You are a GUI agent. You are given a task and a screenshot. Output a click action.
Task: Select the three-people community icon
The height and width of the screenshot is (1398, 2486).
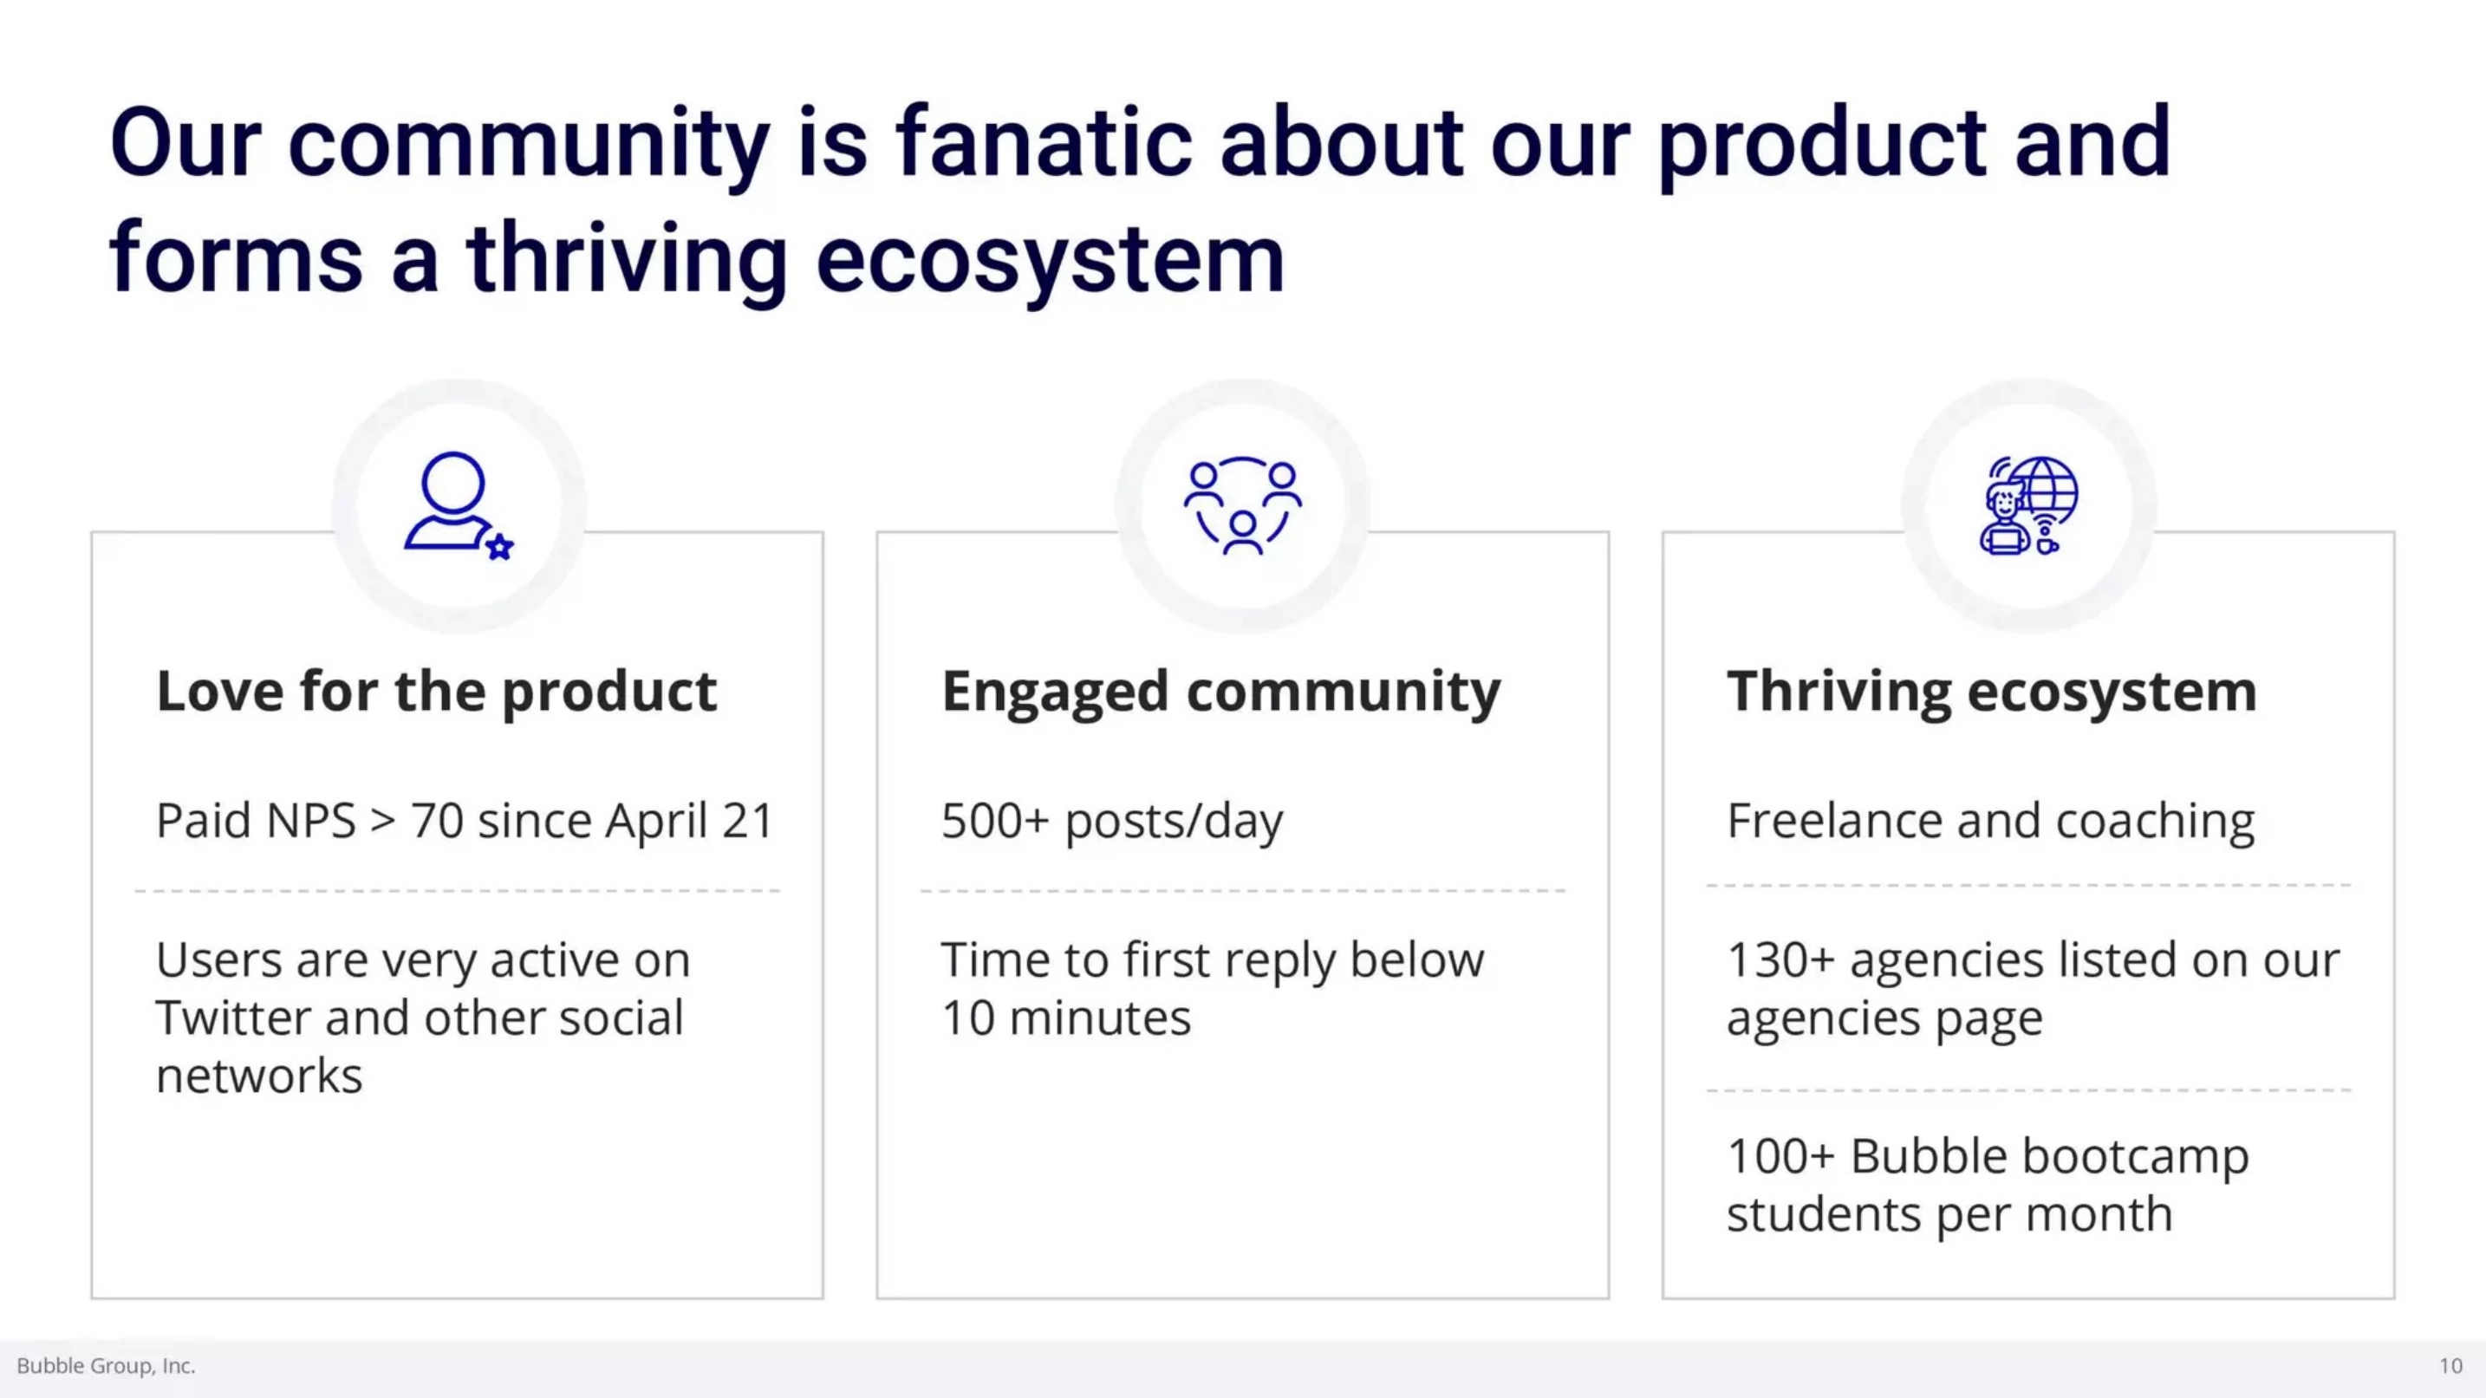(x=1243, y=504)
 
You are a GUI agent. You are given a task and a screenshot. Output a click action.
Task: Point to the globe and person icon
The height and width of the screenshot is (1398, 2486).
(x=2028, y=505)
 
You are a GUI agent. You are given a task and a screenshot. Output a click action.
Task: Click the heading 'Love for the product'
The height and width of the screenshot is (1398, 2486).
(x=436, y=692)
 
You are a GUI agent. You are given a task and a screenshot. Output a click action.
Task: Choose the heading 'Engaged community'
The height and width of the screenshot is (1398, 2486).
(x=1220, y=692)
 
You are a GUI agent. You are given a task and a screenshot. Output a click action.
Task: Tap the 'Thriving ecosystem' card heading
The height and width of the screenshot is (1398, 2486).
(x=1991, y=692)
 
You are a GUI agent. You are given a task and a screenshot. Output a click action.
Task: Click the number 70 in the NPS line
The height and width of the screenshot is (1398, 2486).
(x=437, y=821)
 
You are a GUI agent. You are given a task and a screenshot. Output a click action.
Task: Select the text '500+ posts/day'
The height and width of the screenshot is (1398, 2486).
(x=1112, y=822)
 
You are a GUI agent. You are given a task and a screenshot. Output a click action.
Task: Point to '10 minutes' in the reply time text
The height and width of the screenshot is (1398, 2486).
(x=1066, y=1018)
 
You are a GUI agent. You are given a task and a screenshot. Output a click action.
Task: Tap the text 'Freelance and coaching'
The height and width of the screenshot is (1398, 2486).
(x=1990, y=822)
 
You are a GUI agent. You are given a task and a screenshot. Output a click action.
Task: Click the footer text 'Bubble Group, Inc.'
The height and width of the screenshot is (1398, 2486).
(x=106, y=1366)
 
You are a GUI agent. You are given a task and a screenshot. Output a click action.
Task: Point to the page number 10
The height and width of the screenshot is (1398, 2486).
(x=2450, y=1366)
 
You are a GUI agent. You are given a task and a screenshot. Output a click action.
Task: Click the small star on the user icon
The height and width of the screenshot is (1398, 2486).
(x=500, y=548)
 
